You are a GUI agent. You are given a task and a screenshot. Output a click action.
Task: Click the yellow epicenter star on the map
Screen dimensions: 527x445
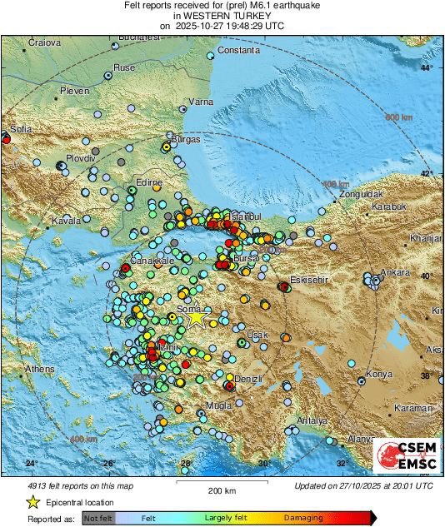tap(195, 317)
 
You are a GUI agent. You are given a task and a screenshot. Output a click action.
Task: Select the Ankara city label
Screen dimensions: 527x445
tap(395, 272)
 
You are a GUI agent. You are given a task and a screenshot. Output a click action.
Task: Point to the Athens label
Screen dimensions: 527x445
tap(39, 368)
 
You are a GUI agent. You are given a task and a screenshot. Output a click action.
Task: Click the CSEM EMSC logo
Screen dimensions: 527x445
tap(404, 456)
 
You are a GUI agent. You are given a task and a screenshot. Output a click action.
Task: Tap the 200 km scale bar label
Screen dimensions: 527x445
tap(221, 490)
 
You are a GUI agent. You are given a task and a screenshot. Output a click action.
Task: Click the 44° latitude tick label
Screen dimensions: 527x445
tap(427, 67)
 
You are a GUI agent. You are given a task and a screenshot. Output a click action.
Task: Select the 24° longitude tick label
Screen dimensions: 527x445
tap(32, 463)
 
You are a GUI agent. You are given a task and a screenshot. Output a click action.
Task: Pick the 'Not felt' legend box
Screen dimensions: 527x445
tap(97, 517)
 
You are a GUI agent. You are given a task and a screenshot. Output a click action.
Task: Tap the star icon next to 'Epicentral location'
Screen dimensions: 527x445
tap(32, 502)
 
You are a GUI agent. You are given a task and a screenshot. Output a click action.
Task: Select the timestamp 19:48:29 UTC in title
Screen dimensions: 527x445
tap(248, 27)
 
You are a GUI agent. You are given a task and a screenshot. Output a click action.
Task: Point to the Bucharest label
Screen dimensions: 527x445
tap(138, 37)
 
